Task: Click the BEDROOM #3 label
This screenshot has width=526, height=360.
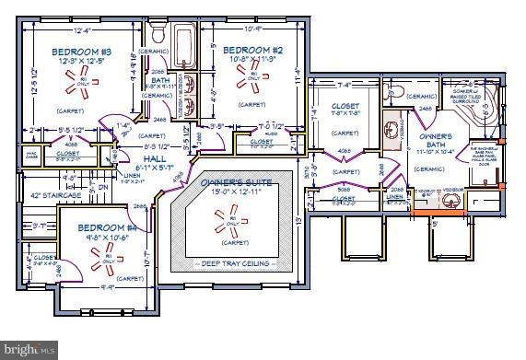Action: pos(81,52)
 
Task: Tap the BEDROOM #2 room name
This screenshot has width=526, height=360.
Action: pos(252,50)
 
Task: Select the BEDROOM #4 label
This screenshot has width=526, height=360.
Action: pos(106,226)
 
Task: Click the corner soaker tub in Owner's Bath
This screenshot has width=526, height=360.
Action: pos(485,107)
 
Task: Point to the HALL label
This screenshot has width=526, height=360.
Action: pos(144,158)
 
